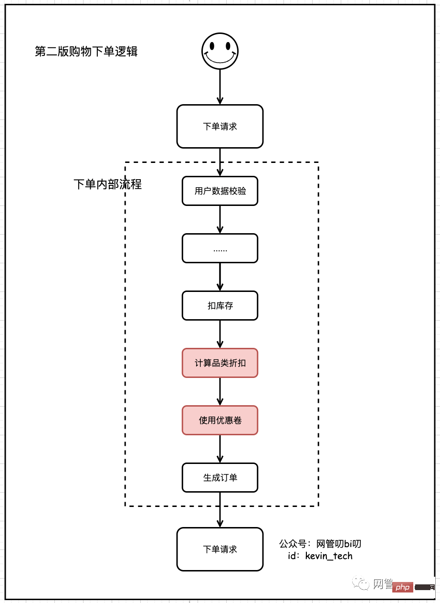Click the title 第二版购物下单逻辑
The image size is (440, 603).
point(86,52)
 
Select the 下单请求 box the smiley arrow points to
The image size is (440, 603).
point(220,127)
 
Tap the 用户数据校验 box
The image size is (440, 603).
point(220,191)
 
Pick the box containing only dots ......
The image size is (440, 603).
point(220,248)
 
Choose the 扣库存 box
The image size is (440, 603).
point(220,306)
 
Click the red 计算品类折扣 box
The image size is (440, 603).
point(220,363)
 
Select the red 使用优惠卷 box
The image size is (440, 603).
point(220,420)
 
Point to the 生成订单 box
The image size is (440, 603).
point(220,478)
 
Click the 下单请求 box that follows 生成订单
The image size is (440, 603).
point(220,549)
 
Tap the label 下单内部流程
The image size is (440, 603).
point(108,184)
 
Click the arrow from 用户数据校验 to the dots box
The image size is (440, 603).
point(220,220)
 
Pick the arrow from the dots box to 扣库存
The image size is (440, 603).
point(220,277)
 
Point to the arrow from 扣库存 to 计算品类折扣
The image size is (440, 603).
point(220,334)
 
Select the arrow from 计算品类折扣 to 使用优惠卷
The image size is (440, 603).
point(220,392)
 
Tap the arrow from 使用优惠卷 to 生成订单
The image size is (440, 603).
point(220,449)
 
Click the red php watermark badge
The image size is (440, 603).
point(403,587)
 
